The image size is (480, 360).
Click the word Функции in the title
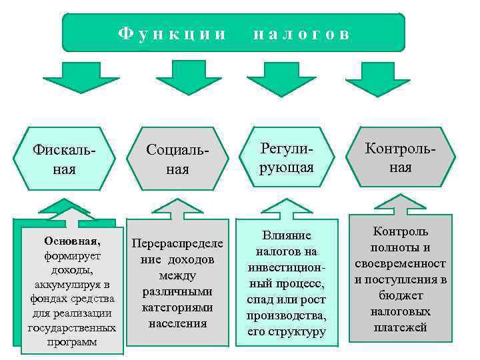pos(173,33)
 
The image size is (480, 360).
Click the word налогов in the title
pos(301,33)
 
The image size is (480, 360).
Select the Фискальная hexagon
pos(64,158)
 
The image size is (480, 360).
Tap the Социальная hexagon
pos(177,158)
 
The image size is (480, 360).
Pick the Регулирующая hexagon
pos(286,158)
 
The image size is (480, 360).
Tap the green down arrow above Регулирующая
pos(286,76)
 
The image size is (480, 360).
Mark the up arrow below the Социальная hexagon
pos(175,207)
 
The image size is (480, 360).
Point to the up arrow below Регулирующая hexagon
pos(286,207)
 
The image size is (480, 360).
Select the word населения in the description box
pos(177,323)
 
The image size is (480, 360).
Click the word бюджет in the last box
pos(400,295)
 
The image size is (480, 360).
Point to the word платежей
pos(400,327)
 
